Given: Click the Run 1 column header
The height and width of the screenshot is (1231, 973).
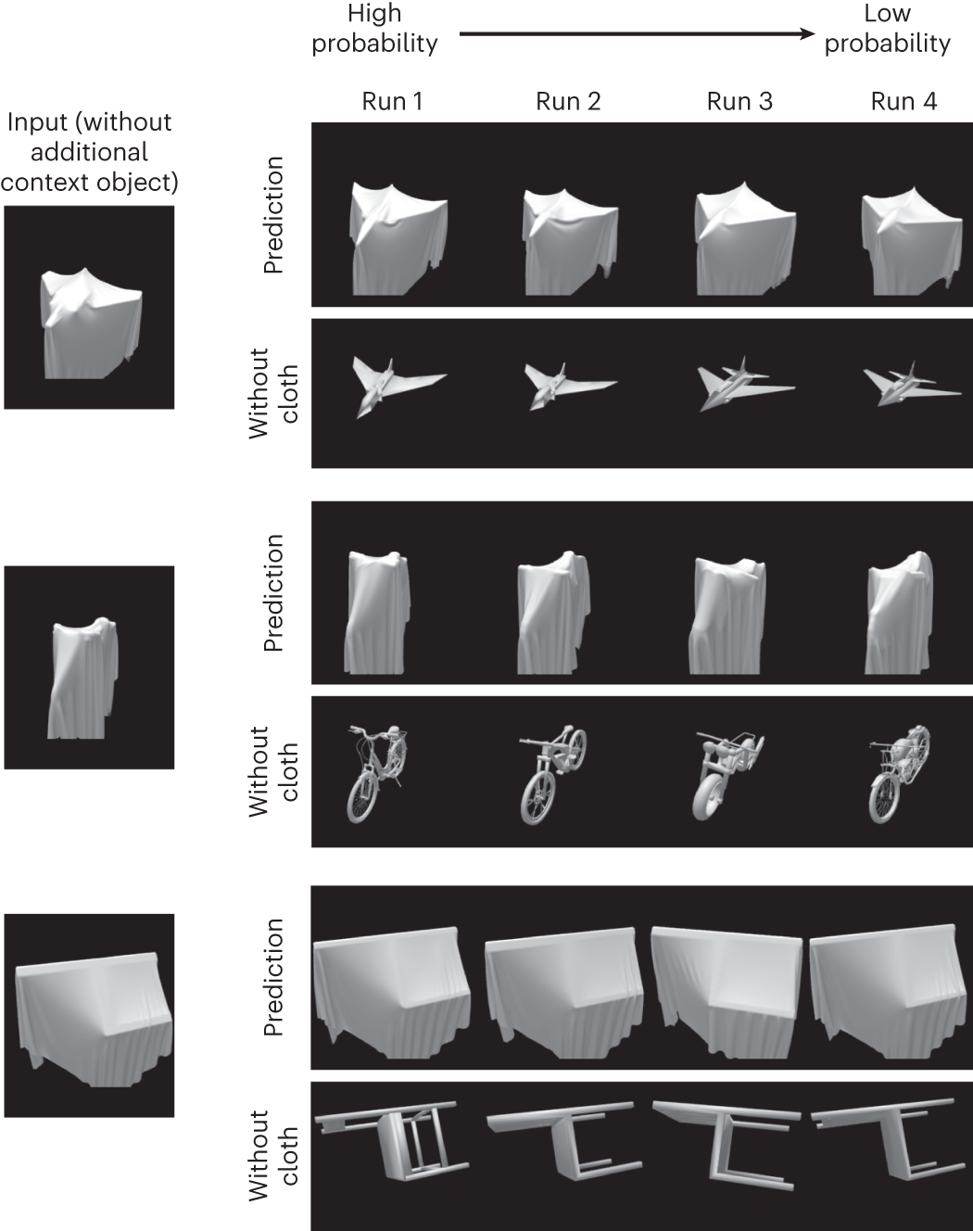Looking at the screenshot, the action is [392, 101].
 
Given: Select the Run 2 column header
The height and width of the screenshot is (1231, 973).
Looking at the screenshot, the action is [568, 101].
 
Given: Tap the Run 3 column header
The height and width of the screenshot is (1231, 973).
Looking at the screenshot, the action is [739, 101].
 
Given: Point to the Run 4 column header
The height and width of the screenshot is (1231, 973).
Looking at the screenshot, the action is [903, 101].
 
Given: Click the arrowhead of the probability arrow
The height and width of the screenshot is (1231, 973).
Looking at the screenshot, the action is [808, 33].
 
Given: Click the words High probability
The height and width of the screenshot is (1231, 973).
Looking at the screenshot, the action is [374, 29].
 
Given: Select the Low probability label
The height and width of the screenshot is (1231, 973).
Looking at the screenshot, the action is [887, 29].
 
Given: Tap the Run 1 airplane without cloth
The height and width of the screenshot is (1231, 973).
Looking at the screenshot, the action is [398, 387].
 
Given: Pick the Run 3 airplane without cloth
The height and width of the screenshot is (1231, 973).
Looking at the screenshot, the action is [745, 383].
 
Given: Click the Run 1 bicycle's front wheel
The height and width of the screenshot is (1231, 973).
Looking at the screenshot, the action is [362, 797].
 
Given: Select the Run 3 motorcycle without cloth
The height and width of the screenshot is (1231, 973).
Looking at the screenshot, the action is [727, 775].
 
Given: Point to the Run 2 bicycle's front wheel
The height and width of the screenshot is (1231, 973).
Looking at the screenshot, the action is [537, 798].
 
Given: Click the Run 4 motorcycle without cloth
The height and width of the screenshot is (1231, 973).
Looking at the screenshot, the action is [899, 775].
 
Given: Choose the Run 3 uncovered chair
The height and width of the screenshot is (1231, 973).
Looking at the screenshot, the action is [727, 1146].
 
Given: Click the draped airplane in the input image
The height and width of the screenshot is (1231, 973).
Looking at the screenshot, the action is [92, 324].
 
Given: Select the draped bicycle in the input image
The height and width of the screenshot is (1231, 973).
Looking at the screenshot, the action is [83, 679].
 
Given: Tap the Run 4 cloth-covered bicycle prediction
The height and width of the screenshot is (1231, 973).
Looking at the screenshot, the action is [899, 613].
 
